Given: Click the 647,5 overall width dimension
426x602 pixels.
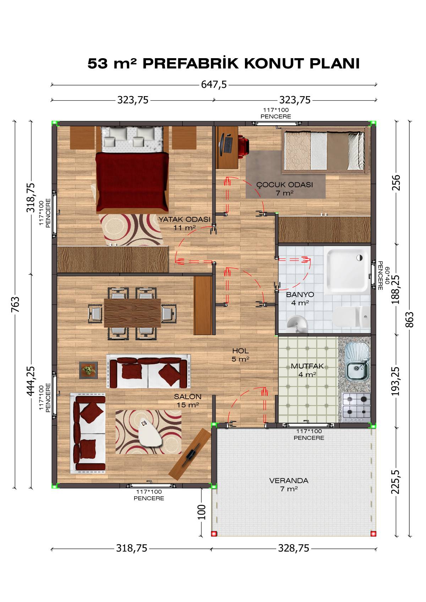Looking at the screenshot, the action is pos(214,85).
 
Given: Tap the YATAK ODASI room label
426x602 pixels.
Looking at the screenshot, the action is pos(184,219).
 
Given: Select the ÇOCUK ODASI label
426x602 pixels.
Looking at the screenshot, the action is pos(285,185).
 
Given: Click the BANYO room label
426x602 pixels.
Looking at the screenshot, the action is pos(300,294).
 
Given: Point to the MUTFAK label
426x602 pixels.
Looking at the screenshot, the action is pos(307,366).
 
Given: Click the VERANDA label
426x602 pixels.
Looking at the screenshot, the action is pos(289,481).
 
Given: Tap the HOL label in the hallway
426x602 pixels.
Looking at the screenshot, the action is pos(240,351).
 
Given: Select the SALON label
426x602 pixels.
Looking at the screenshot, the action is pos(187,396).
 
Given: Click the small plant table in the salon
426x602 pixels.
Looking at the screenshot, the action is pos(88,370).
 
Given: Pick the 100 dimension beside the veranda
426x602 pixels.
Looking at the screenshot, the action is pos(201,512).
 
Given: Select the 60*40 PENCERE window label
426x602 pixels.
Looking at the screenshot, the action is pos(383,276).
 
